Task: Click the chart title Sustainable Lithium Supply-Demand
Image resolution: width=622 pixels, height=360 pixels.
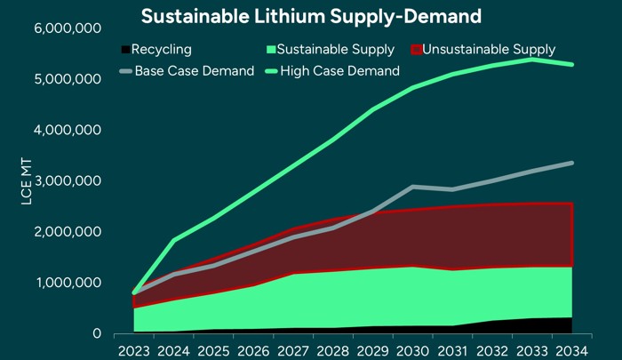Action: [311, 16]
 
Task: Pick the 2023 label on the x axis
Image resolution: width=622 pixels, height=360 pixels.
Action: [134, 350]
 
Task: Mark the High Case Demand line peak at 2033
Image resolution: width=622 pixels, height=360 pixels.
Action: [532, 60]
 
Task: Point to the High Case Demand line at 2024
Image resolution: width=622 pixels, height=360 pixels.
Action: [172, 240]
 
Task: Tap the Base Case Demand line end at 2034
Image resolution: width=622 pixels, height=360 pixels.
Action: [570, 163]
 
